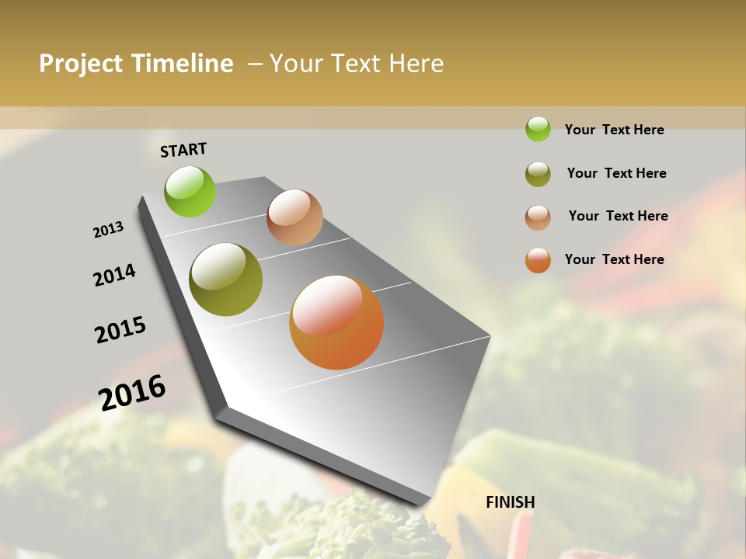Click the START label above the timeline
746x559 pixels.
[183, 150]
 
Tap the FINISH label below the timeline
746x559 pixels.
[510, 502]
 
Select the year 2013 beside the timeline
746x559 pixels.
[108, 230]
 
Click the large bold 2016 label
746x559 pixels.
[132, 392]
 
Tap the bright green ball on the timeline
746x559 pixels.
[190, 191]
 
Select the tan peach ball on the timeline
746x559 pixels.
[295, 217]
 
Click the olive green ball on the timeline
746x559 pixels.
[226, 279]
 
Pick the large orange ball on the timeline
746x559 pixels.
[336, 322]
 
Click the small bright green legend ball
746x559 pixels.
[538, 129]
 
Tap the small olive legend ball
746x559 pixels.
[538, 174]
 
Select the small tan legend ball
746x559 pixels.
[538, 217]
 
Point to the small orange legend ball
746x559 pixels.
[538, 260]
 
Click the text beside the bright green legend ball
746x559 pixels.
[614, 130]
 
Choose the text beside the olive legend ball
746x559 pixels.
[616, 173]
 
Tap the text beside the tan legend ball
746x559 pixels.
[618, 216]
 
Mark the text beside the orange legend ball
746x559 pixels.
[614, 259]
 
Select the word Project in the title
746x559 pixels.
[82, 64]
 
